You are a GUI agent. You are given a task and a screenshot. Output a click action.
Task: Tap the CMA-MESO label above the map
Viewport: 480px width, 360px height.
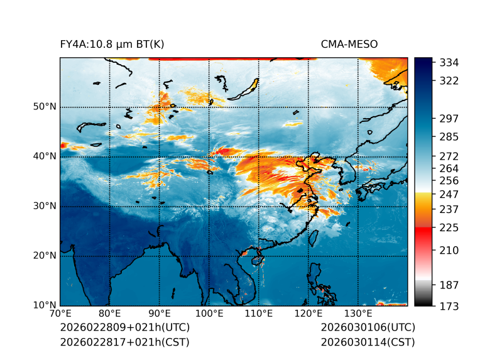349,44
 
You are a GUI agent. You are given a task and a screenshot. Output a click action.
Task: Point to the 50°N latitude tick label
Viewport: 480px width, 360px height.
45,107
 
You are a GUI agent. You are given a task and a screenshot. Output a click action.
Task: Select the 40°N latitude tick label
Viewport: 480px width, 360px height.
45,156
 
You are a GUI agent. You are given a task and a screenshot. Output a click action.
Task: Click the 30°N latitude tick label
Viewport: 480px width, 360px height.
45,206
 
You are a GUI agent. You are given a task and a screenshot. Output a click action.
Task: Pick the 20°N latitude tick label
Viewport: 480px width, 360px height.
45,256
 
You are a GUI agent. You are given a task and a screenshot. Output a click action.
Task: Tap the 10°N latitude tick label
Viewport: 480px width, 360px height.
45,305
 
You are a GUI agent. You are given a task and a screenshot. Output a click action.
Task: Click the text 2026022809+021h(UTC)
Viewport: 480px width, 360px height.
124,328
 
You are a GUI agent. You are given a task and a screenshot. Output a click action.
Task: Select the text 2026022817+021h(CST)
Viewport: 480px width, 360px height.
124,342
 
